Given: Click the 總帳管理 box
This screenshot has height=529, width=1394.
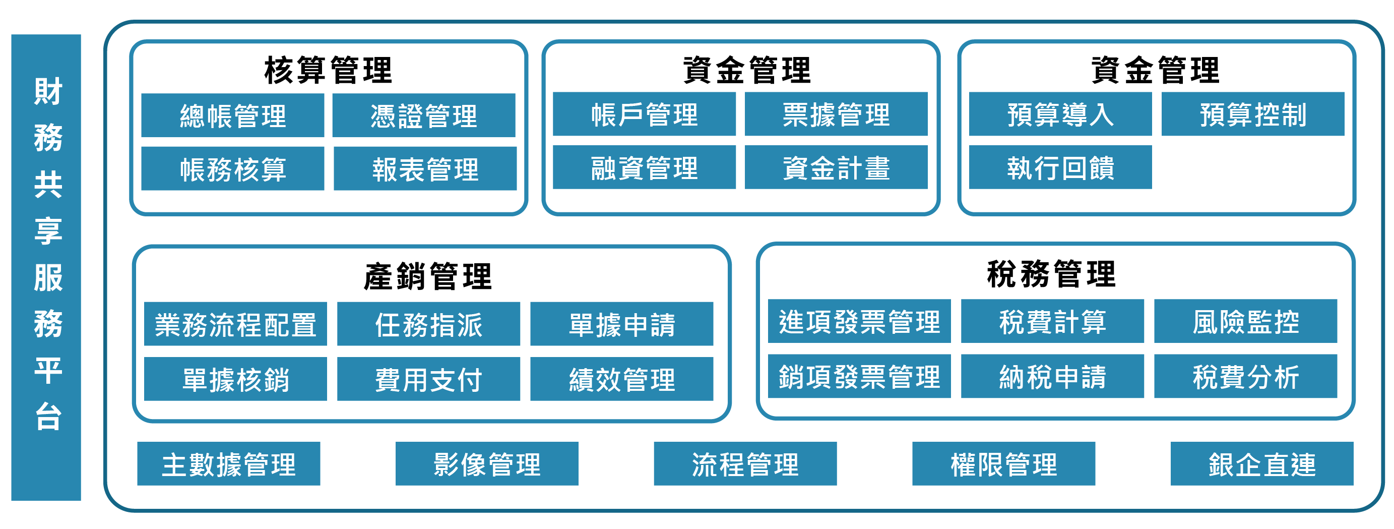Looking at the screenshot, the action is pos(233,115).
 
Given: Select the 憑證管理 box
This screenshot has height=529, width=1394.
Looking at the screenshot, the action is pos(424,115).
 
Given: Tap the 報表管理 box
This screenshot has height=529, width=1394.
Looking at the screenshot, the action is pos(425,168).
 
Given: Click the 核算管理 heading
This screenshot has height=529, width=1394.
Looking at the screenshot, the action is pos(328,71).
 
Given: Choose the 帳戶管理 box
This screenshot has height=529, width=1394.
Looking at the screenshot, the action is pos(644,114).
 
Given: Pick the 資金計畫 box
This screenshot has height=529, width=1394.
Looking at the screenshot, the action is pos(836,167).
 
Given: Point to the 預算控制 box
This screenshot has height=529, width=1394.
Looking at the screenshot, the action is pos(1253,114).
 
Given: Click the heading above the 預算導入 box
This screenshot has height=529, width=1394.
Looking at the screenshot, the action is pos(1155,71).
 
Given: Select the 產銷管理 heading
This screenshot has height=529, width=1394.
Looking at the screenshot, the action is pos(428,276).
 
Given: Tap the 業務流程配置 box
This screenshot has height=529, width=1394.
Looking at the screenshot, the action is pos(235,324).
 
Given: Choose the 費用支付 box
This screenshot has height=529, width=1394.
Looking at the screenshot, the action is pos(428,379).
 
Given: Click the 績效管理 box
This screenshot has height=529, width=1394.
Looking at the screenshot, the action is pos(622,379).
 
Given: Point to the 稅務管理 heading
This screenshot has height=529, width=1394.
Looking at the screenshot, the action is pos(1051,273).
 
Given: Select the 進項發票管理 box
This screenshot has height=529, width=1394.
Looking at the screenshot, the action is pos(859,321).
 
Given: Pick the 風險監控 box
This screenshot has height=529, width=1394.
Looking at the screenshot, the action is pos(1246,321).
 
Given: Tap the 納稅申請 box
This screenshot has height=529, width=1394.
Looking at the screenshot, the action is pos(1052,376).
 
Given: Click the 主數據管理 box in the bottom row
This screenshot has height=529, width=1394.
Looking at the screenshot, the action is pos(228,464).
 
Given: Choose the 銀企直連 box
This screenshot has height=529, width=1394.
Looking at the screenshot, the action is pos(1262,464).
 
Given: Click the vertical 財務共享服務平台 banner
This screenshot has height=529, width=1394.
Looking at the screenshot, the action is pos(46,267).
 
